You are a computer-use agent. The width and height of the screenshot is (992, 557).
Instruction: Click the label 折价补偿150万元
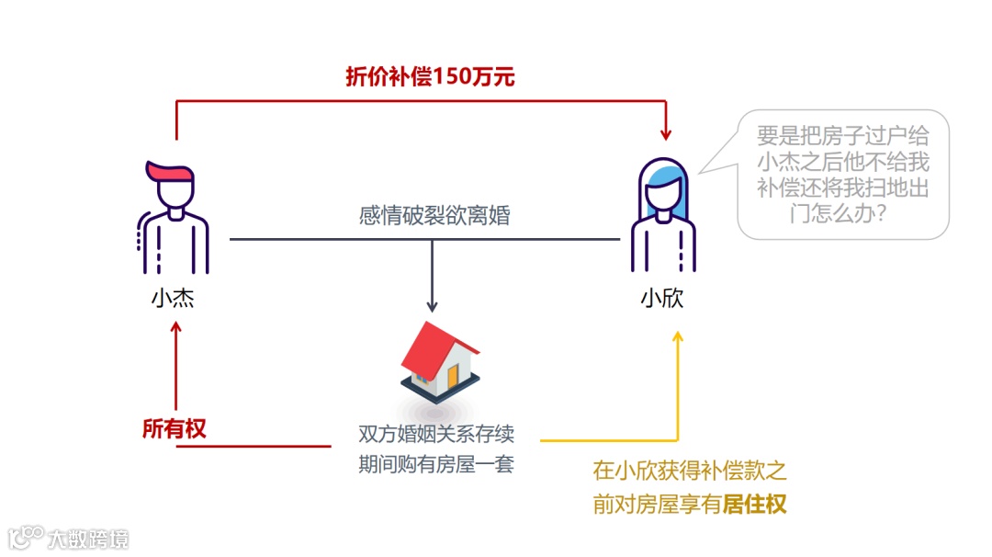pyautogui.click(x=429, y=76)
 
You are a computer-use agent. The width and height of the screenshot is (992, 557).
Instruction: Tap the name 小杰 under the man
pyautogui.click(x=173, y=300)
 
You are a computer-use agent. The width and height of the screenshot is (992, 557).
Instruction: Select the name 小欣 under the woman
pyautogui.click(x=662, y=300)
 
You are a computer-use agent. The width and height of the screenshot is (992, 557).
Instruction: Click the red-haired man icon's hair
pyautogui.click(x=171, y=173)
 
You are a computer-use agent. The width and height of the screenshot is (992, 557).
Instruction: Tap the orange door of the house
pyautogui.click(x=453, y=377)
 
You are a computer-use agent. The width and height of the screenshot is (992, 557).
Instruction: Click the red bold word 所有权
pyautogui.click(x=175, y=428)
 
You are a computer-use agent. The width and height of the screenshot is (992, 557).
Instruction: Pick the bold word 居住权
pyautogui.click(x=755, y=505)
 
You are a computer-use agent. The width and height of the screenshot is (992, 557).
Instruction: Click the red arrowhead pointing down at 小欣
pyautogui.click(x=666, y=134)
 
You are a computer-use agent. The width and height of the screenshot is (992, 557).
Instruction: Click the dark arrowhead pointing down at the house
pyautogui.click(x=433, y=306)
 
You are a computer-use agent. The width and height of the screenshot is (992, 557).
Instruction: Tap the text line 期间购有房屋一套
pyautogui.click(x=435, y=465)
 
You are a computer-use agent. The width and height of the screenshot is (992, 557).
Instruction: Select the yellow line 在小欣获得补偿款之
pyautogui.click(x=690, y=472)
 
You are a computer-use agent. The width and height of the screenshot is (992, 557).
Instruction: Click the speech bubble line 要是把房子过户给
pyautogui.click(x=842, y=137)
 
